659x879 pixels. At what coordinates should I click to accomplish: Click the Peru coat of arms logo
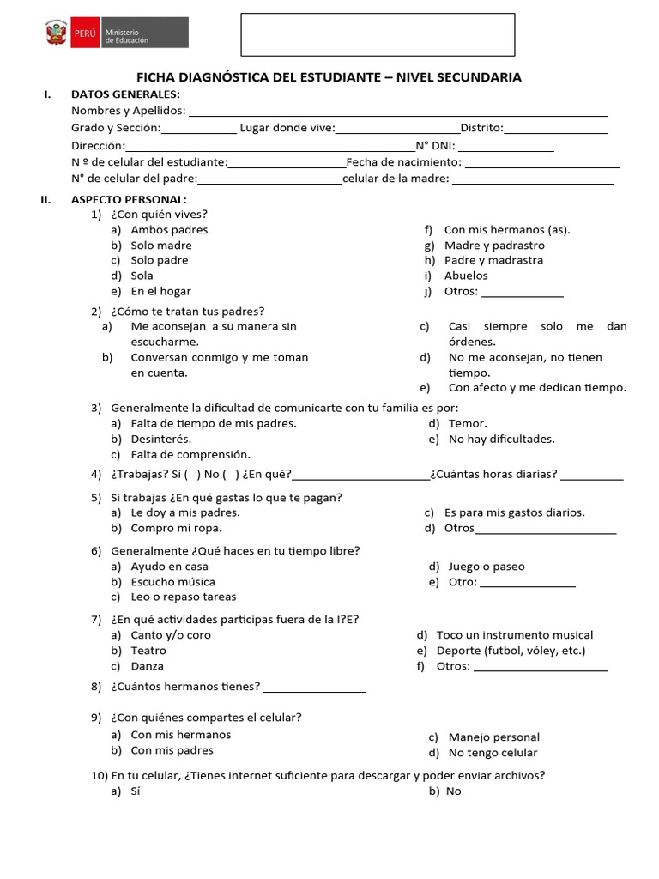pos(57,34)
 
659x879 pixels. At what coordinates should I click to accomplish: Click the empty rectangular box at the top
pos(378,34)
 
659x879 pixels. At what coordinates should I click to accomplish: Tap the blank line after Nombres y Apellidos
pos(397,112)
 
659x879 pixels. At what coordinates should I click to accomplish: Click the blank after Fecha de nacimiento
pos(541,163)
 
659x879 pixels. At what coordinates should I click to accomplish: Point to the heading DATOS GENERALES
pos(125,94)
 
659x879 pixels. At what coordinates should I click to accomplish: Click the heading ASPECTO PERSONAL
pos(129,199)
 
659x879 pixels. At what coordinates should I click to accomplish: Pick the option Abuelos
pos(466,276)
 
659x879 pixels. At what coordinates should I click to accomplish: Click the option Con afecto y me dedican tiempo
pos(537,388)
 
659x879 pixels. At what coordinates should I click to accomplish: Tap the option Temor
pos(468,424)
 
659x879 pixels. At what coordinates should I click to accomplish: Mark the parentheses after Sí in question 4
pos(192,476)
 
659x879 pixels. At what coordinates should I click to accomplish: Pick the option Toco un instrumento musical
pos(515,635)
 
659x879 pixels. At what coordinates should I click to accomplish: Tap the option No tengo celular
pos(493,753)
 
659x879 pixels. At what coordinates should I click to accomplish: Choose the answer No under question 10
pos(453,791)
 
